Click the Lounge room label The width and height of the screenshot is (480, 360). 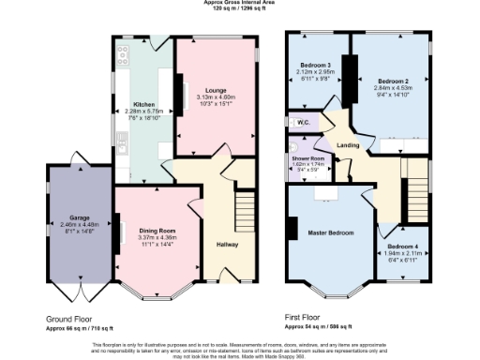pos(215,91)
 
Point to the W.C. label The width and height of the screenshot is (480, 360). pos(304,122)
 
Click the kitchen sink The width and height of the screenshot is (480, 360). pos(123,142)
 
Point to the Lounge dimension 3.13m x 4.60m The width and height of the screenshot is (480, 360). pos(216,97)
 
